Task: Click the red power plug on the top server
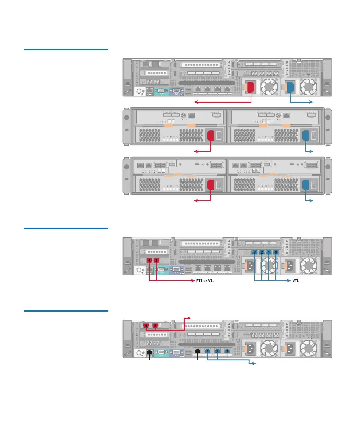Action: (x=251, y=87)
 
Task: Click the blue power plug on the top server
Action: (x=290, y=87)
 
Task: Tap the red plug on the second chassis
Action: (x=211, y=136)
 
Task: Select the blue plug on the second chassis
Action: (x=305, y=136)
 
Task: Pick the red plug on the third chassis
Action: (x=211, y=185)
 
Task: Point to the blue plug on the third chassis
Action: (x=305, y=185)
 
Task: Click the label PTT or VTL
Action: (x=205, y=281)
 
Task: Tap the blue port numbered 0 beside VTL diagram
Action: (x=276, y=252)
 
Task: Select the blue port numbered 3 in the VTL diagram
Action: (x=255, y=252)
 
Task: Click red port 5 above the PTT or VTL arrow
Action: (x=156, y=260)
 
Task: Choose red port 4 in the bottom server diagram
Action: (x=146, y=326)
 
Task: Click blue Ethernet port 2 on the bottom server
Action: (x=217, y=351)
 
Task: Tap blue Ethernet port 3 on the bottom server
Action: (x=227, y=351)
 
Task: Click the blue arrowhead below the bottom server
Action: (x=254, y=363)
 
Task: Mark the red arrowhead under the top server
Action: (x=195, y=102)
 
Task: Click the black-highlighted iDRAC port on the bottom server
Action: (x=149, y=352)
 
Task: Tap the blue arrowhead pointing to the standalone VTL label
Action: (x=289, y=281)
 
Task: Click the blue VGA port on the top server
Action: (x=176, y=90)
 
